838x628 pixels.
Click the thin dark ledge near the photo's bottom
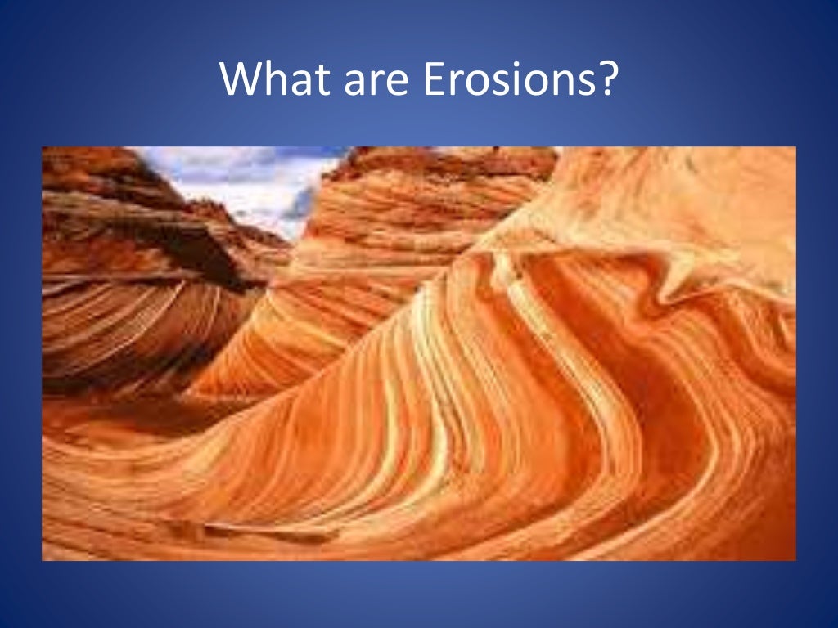point(270,535)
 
